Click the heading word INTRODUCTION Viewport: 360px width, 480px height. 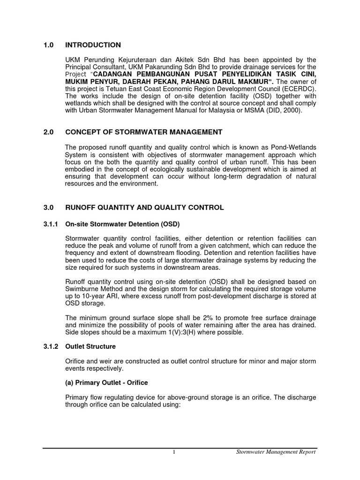[x=93, y=45]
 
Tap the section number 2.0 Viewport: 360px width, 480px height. [x=48, y=132]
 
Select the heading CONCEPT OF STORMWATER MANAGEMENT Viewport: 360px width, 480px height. [x=143, y=132]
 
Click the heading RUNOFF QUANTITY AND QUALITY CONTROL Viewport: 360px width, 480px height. [x=144, y=207]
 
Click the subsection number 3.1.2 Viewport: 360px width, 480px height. [x=50, y=346]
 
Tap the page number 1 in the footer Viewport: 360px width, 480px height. [x=173, y=452]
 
